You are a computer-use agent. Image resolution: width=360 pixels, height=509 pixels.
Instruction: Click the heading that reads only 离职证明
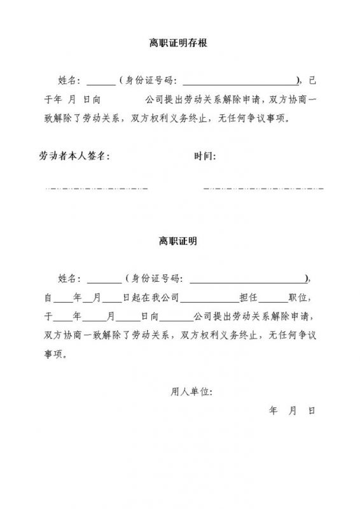tap(178, 242)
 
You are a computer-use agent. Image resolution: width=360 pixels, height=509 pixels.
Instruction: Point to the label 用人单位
tap(191, 391)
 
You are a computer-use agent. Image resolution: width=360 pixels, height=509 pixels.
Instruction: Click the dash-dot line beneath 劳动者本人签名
tap(96, 188)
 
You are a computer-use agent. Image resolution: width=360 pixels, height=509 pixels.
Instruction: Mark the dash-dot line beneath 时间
tap(263, 188)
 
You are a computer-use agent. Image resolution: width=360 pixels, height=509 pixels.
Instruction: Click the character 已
tap(311, 81)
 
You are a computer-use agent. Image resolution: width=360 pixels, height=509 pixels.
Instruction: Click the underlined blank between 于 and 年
tap(62, 316)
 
